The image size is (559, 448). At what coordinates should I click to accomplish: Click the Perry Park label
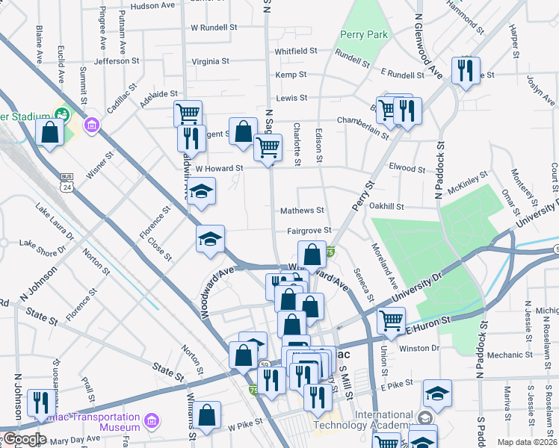click(x=364, y=34)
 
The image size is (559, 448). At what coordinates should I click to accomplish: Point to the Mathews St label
click(x=301, y=211)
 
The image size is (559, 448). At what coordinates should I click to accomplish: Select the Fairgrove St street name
click(x=308, y=231)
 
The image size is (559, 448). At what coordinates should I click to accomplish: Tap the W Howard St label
click(x=219, y=169)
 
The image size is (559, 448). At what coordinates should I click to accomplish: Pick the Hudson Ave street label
click(x=152, y=6)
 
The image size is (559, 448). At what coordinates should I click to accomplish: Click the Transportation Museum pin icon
click(x=152, y=422)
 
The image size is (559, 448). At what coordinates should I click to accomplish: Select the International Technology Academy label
click(x=383, y=420)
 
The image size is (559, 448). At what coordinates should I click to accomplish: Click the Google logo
click(x=23, y=439)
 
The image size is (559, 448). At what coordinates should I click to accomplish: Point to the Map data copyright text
click(x=526, y=442)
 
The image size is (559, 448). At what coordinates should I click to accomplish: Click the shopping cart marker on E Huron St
click(x=391, y=321)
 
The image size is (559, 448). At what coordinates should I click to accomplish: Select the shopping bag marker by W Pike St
click(x=207, y=414)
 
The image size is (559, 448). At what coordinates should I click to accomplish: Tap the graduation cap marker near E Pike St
click(x=437, y=393)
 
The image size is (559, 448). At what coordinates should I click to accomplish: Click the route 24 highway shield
click(x=67, y=182)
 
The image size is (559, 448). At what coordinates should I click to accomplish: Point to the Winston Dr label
click(x=419, y=347)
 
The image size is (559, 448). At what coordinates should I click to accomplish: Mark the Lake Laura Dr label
click(x=55, y=219)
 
